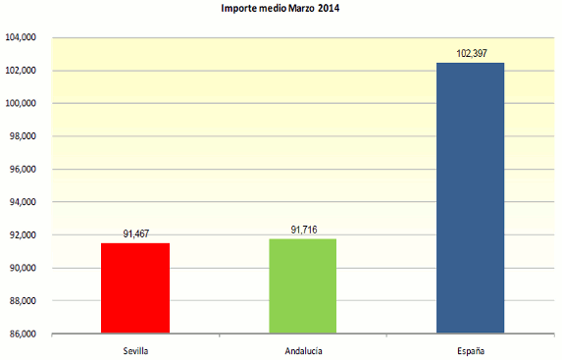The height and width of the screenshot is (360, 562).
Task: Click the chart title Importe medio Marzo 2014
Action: tap(281, 9)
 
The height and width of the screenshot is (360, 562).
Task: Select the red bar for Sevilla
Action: tap(135, 288)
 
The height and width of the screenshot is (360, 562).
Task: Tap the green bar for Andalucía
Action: tap(303, 286)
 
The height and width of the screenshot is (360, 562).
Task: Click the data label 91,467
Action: tap(135, 233)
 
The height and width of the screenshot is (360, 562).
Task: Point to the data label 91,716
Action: tap(303, 230)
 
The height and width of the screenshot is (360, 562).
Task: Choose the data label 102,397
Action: tap(469, 53)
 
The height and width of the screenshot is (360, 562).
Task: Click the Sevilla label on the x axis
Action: tap(135, 349)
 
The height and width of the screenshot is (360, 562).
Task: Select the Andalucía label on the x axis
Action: tap(303, 349)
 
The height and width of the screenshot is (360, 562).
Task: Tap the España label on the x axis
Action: tap(469, 349)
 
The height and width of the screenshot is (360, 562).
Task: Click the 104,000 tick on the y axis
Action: tap(21, 38)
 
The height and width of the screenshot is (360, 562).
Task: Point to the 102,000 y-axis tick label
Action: tap(21, 71)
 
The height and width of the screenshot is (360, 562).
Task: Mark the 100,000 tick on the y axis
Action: tap(21, 104)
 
